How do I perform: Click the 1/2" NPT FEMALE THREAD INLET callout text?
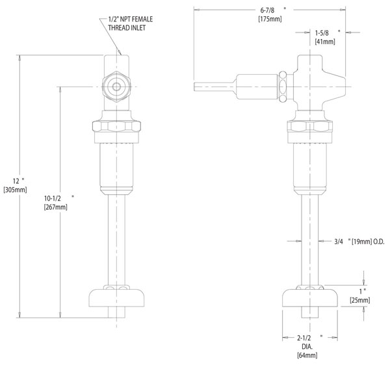131,23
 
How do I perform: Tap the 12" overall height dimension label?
18,181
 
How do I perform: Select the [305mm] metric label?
15,190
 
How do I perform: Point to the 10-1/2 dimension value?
53,198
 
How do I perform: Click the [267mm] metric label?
56,207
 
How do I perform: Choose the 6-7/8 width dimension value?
267,10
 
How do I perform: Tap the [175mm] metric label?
270,19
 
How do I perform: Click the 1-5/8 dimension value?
322,32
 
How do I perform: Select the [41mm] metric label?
325,42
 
